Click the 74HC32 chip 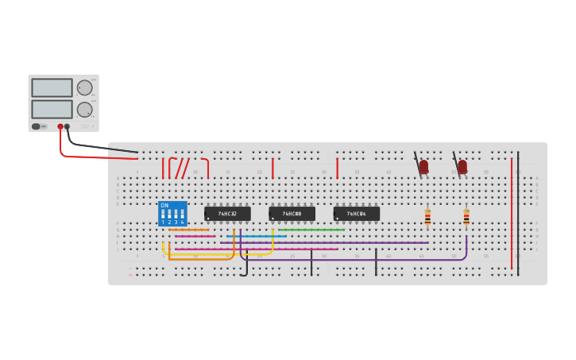[227, 214]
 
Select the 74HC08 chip [292, 214]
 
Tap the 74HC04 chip [356, 214]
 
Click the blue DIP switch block [172, 214]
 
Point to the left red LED [423, 167]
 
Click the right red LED [462, 167]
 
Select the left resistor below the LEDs [427, 216]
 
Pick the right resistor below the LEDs [466, 216]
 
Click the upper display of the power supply [52, 87]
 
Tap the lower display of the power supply [52, 109]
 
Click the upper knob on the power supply [84, 87]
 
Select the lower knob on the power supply [84, 110]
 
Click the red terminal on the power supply [60, 126]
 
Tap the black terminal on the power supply [68, 126]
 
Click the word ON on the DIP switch [164, 205]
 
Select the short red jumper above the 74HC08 [273, 167]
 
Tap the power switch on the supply [37, 126]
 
